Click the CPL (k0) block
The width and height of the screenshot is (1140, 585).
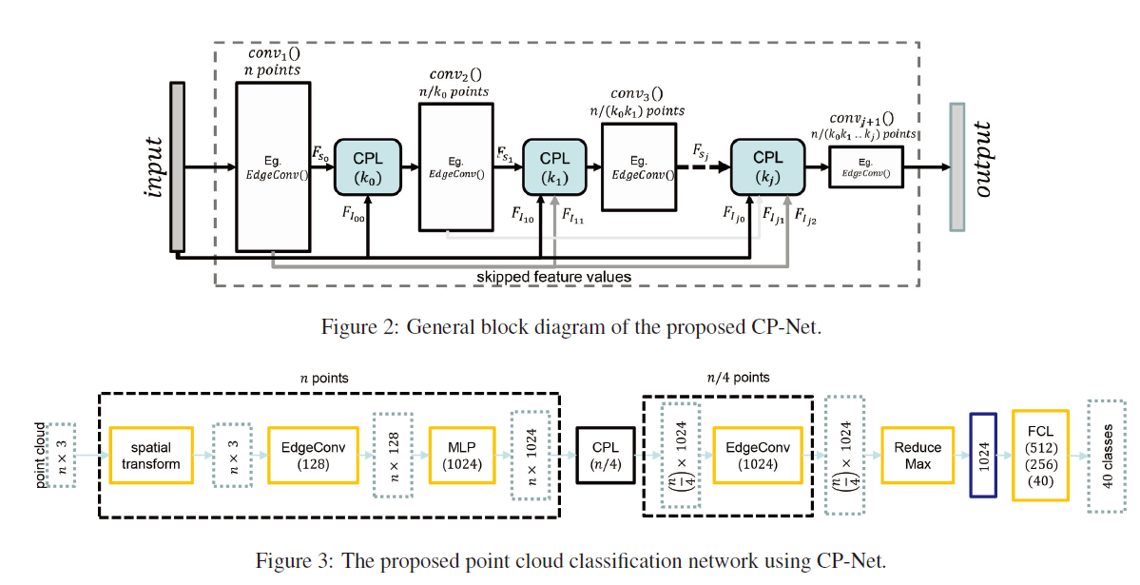pyautogui.click(x=367, y=167)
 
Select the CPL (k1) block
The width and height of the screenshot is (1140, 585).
pyautogui.click(x=554, y=167)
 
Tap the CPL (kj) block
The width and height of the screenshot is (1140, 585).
pyautogui.click(x=767, y=167)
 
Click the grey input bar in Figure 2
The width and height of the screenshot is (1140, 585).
pyautogui.click(x=176, y=166)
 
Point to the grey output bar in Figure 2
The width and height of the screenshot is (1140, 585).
pyautogui.click(x=956, y=166)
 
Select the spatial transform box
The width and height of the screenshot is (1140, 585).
pyautogui.click(x=151, y=455)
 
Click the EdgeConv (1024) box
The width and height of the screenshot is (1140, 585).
pyautogui.click(x=757, y=455)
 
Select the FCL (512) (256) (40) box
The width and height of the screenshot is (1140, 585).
pyautogui.click(x=1040, y=455)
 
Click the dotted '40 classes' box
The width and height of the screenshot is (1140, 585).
pyautogui.click(x=1105, y=455)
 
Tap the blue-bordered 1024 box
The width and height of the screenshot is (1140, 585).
pyautogui.click(x=982, y=455)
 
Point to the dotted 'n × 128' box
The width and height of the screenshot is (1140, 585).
pyautogui.click(x=390, y=455)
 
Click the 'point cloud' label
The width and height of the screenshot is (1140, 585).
pyautogui.click(x=41, y=455)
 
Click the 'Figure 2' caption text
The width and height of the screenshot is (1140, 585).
pyautogui.click(x=570, y=327)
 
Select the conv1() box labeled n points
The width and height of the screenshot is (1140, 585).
pyautogui.click(x=273, y=167)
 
